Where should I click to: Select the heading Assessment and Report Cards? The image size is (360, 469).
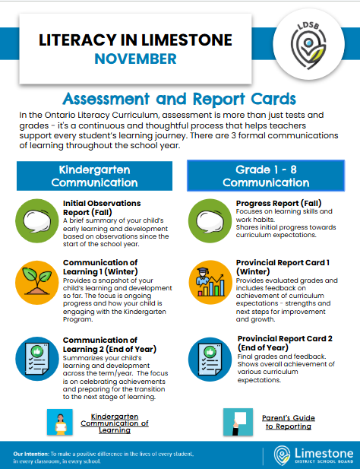tap(179, 99)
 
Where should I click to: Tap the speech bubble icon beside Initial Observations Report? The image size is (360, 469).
tap(36, 218)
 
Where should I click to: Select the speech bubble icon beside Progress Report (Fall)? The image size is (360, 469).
tap(207, 218)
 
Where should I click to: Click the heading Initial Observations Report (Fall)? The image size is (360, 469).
tap(102, 208)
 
